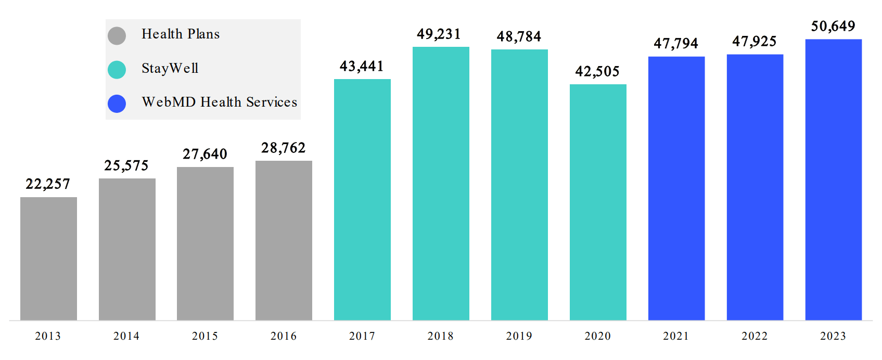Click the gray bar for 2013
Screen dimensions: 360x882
(48, 259)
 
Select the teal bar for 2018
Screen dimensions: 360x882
(441, 183)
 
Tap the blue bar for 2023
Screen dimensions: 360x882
(833, 179)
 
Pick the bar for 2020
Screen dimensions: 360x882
(598, 202)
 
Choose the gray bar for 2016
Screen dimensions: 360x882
(284, 240)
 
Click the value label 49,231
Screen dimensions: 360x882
(439, 34)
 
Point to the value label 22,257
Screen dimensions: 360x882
(47, 184)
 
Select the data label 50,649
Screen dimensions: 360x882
(833, 27)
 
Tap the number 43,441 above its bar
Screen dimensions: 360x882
(362, 67)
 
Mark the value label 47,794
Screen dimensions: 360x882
(675, 44)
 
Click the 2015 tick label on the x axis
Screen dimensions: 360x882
(205, 336)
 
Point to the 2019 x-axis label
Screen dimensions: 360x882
(519, 336)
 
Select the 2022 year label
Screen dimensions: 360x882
(755, 336)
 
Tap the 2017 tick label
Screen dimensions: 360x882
(362, 336)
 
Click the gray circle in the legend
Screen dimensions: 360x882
(117, 36)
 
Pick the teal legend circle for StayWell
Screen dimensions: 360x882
(117, 70)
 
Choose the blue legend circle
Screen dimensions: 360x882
(117, 104)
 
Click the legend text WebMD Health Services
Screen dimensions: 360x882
(219, 102)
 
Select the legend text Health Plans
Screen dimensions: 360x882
(181, 34)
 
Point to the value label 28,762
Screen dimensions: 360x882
(283, 148)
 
